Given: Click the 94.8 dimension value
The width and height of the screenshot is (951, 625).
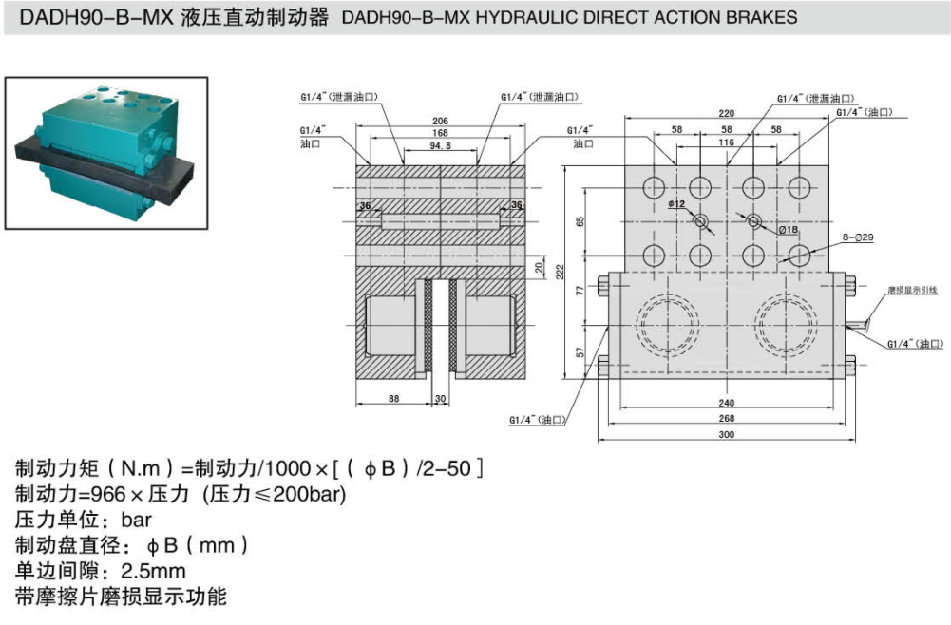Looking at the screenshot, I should [440, 145].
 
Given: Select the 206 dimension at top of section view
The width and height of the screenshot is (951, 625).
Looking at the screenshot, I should [440, 121].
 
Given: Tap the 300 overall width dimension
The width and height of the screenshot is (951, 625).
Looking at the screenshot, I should [726, 435].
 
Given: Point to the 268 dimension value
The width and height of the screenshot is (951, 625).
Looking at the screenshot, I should [726, 418].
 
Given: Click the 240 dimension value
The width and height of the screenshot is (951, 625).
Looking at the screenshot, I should [726, 402].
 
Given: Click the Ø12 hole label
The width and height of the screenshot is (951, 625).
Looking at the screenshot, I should [676, 204].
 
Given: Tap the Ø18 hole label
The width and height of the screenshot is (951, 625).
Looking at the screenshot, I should [788, 230].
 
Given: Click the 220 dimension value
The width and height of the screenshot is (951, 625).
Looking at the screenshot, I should [726, 113].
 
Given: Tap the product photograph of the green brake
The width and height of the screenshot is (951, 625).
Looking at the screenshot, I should [105, 153].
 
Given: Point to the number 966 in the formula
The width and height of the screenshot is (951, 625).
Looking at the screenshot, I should [106, 494].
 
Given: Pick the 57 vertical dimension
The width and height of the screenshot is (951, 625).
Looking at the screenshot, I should [580, 352].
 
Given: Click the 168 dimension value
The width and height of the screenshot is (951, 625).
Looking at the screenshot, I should [440, 133].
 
